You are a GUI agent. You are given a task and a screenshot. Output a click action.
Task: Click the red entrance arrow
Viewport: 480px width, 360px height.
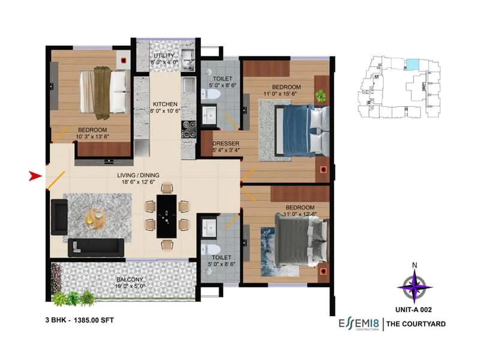point(35,176)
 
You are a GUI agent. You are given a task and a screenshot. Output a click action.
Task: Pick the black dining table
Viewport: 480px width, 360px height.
point(166,215)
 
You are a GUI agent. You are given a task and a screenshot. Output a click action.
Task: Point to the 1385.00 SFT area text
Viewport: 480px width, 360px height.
point(91,321)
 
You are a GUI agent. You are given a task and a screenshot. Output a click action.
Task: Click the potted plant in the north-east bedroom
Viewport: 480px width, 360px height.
point(322,95)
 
